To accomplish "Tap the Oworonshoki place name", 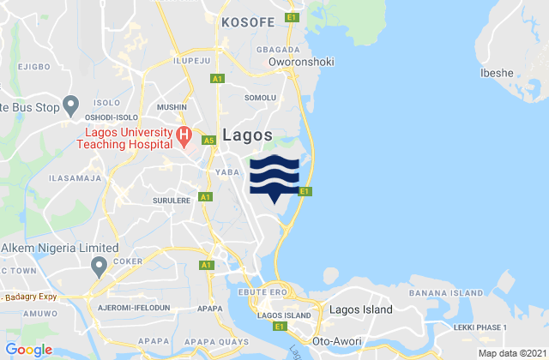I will coord(301,62).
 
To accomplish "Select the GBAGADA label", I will coord(278,50).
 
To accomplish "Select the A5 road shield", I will coord(208,141).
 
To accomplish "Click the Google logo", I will coord(29,349).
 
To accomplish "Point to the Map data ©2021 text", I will coord(510,353).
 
